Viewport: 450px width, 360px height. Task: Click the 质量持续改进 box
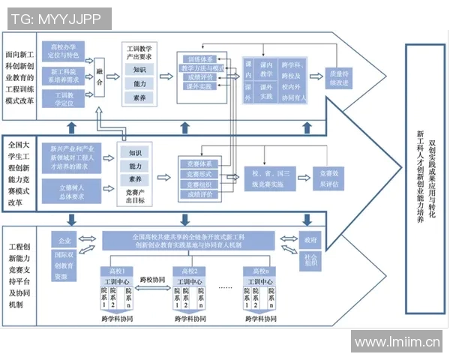tap(337, 77)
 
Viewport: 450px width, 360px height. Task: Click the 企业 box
tap(64, 241)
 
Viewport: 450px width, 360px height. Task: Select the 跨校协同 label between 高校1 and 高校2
tap(153, 280)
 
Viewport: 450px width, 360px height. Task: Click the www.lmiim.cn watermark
tap(395, 343)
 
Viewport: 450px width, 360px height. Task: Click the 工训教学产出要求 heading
tap(140, 50)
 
